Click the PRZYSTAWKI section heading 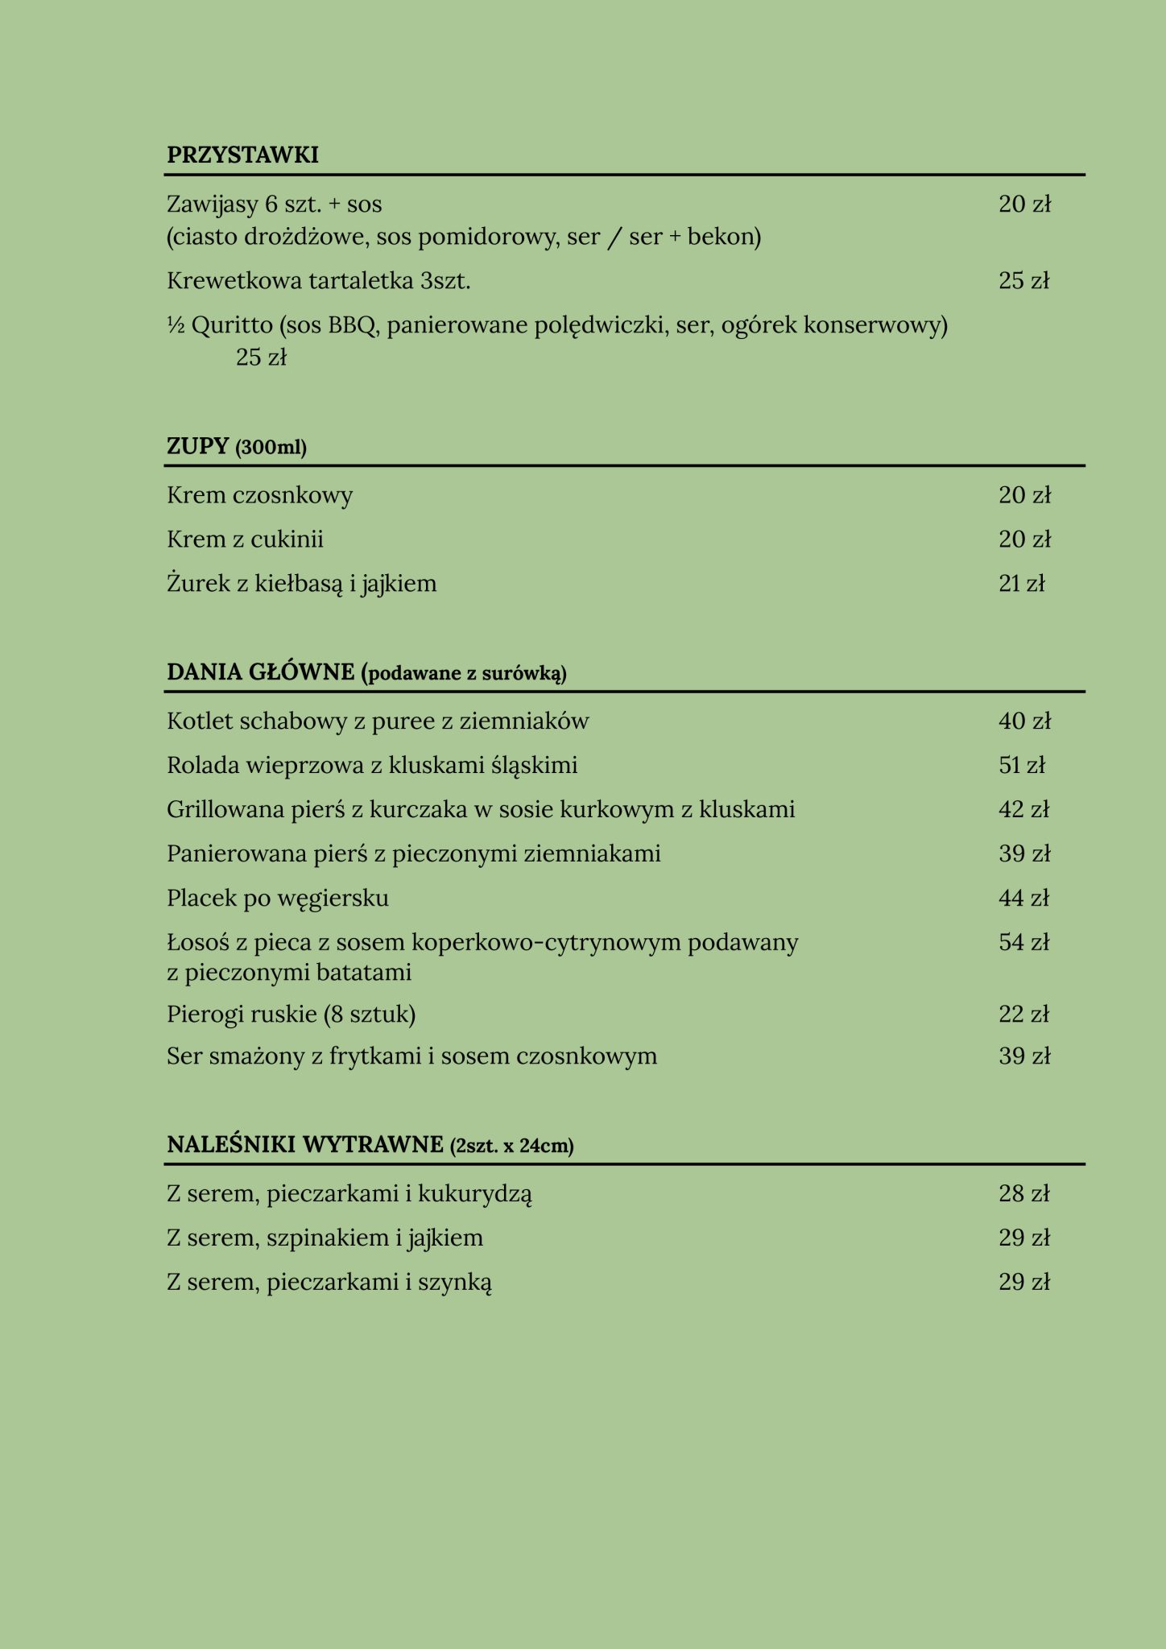[242, 155]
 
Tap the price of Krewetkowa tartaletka [1023, 281]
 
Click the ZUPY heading [198, 446]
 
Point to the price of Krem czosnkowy [1024, 495]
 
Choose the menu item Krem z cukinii [245, 539]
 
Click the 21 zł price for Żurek [1021, 584]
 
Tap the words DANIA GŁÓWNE [260, 672]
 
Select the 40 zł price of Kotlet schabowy [1024, 721]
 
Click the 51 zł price [1021, 765]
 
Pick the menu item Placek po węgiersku [278, 898]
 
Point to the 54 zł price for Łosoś [1023, 942]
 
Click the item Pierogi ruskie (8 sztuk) [291, 1015]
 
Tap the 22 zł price [1023, 1015]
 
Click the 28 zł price [1023, 1193]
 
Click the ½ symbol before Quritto [176, 325]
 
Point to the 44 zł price [1023, 898]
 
